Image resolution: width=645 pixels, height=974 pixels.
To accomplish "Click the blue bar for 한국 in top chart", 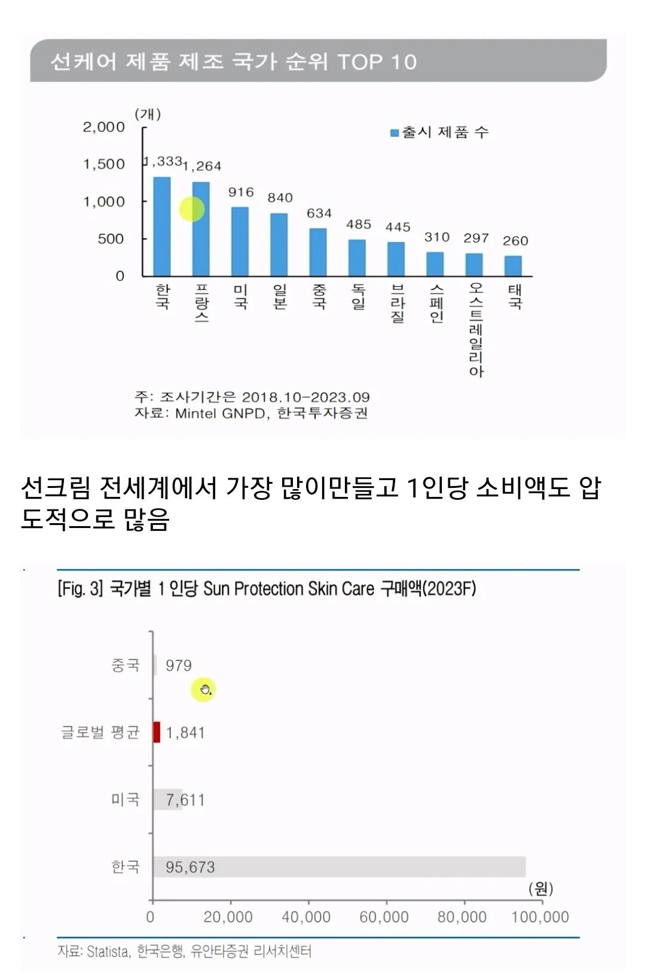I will (162, 226).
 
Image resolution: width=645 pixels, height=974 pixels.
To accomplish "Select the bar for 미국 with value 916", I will (240, 242).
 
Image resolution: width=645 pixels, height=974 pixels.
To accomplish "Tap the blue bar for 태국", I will (513, 266).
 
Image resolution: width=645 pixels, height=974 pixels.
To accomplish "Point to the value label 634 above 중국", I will (319, 213).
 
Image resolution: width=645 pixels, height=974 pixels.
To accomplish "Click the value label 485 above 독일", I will (359, 224).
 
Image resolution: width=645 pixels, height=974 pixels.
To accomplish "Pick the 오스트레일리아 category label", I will (476, 330).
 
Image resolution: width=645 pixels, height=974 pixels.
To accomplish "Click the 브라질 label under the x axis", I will (398, 303).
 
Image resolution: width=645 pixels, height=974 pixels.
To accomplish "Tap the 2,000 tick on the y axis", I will (103, 127).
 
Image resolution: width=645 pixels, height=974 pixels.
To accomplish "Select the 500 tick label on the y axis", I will (111, 239).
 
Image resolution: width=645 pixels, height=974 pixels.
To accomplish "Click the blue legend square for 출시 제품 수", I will (395, 133).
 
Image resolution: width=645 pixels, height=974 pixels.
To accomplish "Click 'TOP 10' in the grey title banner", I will (377, 62).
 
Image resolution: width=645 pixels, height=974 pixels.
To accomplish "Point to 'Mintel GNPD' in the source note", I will (220, 413).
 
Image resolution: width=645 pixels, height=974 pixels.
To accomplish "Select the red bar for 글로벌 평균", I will (157, 732).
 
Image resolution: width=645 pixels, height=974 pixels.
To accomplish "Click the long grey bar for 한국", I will (339, 866).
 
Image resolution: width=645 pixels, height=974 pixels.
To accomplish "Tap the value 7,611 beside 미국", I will (185, 800).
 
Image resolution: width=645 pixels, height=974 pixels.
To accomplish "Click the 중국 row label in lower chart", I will (126, 665).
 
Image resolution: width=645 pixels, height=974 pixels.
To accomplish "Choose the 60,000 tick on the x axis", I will (384, 917).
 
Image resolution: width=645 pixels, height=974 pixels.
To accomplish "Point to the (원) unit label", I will (540, 888).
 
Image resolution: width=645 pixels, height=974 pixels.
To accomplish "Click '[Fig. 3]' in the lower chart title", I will (80, 589).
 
